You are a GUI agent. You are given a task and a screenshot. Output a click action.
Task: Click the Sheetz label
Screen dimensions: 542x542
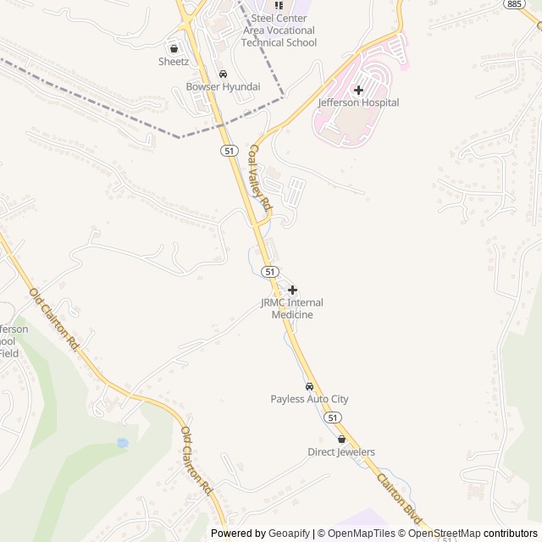[x=174, y=61]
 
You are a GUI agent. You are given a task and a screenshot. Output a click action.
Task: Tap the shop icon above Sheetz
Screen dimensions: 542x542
[x=174, y=48]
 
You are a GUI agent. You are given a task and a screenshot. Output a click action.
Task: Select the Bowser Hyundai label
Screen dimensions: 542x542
[x=223, y=86]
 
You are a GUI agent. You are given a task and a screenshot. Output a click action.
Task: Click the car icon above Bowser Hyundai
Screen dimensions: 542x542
[x=223, y=74]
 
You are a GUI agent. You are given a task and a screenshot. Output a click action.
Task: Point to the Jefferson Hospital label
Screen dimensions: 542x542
[x=358, y=102]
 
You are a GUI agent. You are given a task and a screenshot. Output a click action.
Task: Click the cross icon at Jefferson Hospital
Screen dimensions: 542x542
[x=358, y=89]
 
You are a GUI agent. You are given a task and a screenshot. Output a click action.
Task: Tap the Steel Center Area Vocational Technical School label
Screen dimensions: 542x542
[x=279, y=30]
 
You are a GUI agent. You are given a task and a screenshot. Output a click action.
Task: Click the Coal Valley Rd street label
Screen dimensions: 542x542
[x=258, y=178]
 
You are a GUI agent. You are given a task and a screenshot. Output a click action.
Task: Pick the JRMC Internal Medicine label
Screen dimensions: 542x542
[x=292, y=308]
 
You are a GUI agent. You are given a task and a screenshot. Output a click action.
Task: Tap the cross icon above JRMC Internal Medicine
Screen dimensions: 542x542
[x=292, y=290]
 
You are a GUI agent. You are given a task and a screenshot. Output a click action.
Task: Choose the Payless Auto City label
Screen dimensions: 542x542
[x=309, y=399]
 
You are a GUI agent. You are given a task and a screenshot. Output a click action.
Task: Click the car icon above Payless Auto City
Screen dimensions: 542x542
[x=309, y=386]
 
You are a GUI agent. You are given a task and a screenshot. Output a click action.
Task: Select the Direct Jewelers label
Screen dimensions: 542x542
[x=341, y=452]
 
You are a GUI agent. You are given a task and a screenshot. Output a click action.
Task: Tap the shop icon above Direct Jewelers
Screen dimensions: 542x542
[x=341, y=440]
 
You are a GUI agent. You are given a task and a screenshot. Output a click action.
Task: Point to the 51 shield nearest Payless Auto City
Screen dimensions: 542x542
[x=333, y=418]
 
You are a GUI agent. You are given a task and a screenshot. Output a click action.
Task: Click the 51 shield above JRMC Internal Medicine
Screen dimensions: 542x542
[x=269, y=271]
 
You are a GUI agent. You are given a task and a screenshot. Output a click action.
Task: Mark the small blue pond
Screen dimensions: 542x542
[x=123, y=443]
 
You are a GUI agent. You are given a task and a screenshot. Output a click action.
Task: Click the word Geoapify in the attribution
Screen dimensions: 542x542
[x=290, y=534]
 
